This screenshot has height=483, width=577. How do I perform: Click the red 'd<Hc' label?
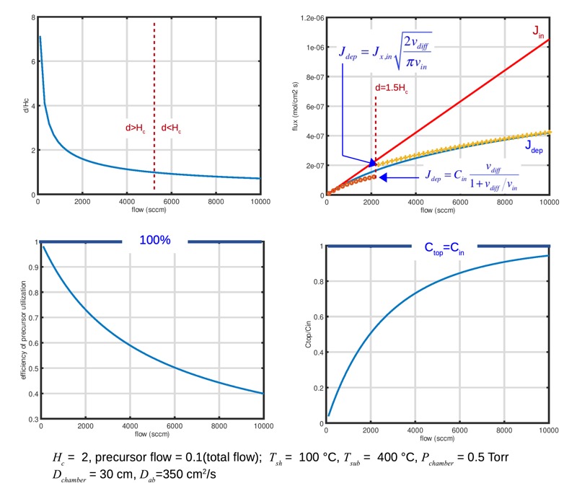coord(172,128)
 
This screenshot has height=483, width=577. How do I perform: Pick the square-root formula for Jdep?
coord(387,54)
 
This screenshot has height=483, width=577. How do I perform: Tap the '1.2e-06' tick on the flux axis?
coord(306,17)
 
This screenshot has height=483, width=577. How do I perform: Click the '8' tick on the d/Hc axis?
coord(31,17)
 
